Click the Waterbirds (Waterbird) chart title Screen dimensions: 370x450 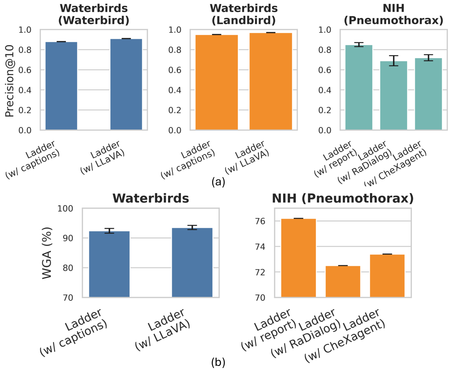94,14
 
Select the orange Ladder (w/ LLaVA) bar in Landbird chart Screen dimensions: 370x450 271,81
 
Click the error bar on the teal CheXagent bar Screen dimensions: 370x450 428,58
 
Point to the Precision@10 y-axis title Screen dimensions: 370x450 10,81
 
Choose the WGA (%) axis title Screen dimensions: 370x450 47,253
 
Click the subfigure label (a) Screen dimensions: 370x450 218,182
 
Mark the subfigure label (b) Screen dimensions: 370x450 218,362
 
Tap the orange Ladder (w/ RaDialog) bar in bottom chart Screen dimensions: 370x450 343,281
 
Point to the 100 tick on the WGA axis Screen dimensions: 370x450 65,209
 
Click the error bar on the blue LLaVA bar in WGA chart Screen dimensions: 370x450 192,227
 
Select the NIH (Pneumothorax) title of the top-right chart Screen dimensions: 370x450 393,14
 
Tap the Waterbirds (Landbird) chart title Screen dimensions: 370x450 244,14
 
